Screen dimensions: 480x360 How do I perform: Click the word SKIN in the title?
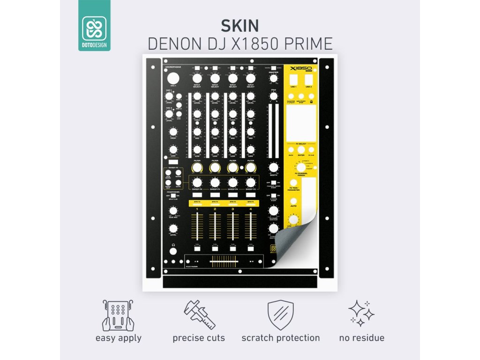click(240, 25)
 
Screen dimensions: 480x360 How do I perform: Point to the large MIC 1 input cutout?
click(173, 79)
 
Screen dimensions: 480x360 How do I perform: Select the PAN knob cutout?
click(273, 97)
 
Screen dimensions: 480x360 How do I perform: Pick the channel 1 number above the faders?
click(197, 209)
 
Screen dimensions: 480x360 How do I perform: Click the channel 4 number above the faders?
click(251, 209)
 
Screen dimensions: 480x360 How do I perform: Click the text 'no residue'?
click(361, 337)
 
